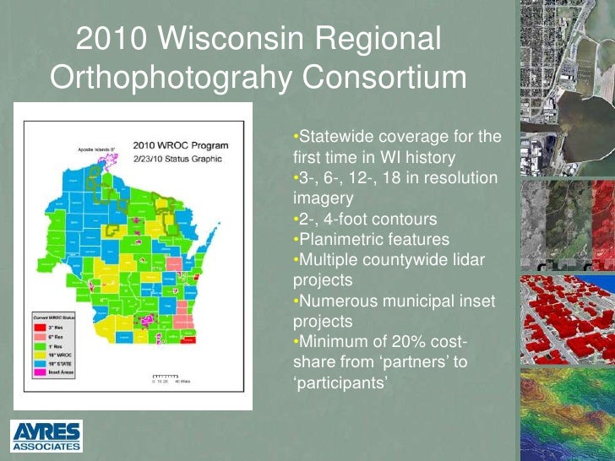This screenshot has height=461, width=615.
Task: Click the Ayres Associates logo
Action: (x=46, y=434)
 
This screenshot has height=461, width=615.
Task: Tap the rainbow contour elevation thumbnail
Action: (x=567, y=414)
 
